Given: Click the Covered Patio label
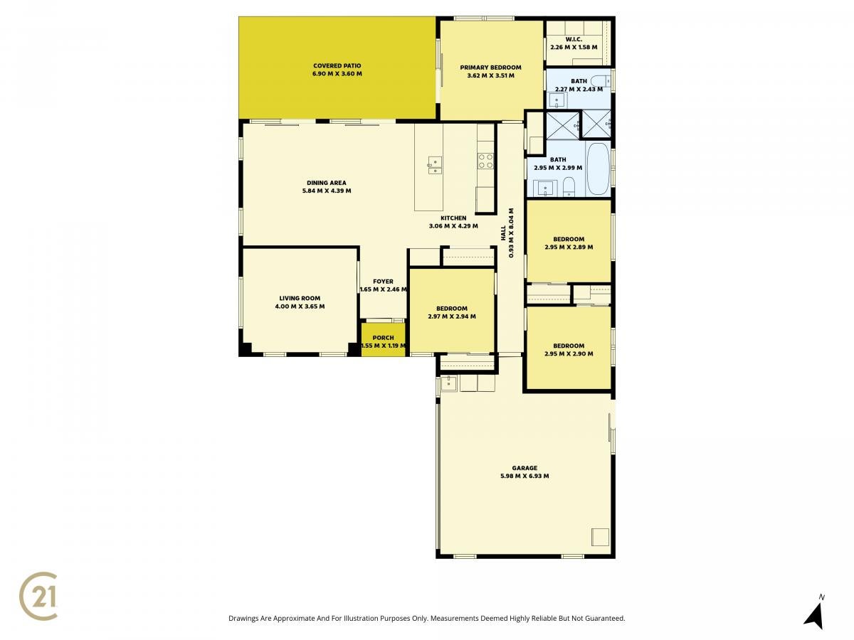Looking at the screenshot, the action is point(337,66).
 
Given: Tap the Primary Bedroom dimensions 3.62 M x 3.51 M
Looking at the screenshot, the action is point(490,75).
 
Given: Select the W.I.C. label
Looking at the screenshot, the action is point(573,39).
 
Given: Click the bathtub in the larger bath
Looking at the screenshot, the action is point(598,169).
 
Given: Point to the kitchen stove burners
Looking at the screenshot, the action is point(485,161).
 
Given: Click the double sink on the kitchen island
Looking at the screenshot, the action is point(435,166).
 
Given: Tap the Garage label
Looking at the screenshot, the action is point(524,468).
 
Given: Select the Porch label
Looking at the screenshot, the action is point(383,338).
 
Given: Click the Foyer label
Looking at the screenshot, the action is point(383,282).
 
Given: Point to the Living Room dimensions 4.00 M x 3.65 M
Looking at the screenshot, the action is point(300,306).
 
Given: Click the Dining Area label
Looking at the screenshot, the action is point(326,183).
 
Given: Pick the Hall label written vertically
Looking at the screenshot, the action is point(503,233).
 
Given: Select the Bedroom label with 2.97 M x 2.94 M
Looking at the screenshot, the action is point(451,309).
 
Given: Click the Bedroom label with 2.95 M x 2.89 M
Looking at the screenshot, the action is point(569,239).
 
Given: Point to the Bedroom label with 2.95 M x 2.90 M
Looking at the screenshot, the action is point(569,346).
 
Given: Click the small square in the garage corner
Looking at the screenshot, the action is point(600,537).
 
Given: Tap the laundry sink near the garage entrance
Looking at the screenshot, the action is point(449,383).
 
